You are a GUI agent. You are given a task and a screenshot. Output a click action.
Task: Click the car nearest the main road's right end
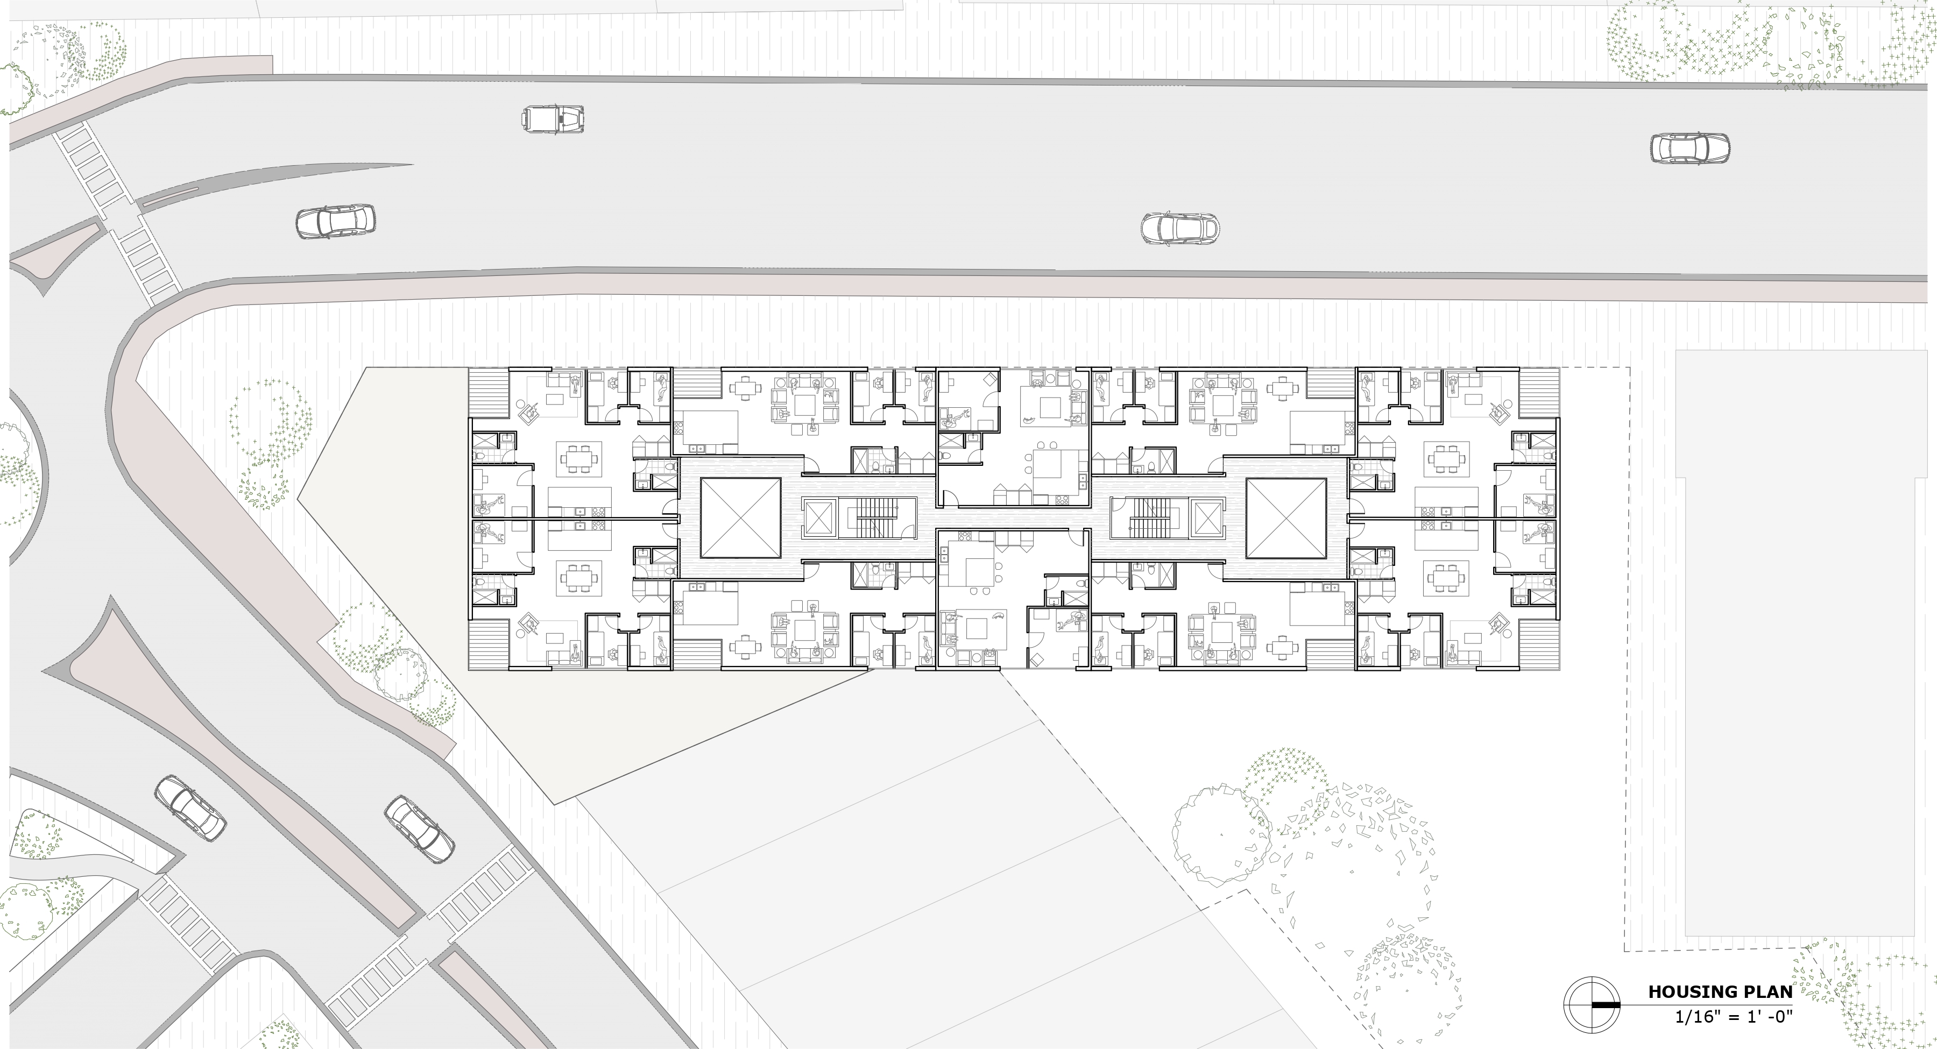[x=1689, y=148]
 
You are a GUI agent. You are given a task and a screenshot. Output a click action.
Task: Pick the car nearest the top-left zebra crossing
[x=335, y=221]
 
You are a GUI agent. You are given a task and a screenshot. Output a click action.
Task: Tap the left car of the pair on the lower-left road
[x=190, y=807]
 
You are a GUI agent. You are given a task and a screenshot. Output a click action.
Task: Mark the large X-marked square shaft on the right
[x=1286, y=520]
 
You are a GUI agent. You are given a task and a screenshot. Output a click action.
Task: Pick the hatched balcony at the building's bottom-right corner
[x=1538, y=644]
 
